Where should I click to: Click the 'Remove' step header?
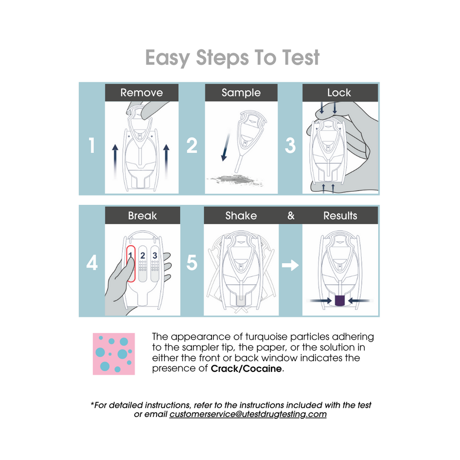click(x=142, y=93)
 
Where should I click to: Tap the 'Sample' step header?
click(x=241, y=93)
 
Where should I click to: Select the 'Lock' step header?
click(x=340, y=93)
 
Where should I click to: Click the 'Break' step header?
click(x=142, y=216)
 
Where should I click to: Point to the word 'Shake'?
click(x=241, y=216)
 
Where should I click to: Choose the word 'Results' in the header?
click(x=341, y=216)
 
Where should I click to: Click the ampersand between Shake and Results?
click(x=291, y=216)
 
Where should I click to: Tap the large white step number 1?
click(x=92, y=146)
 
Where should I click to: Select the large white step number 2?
click(x=192, y=146)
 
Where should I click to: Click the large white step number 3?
click(x=291, y=146)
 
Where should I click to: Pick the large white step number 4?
click(x=92, y=262)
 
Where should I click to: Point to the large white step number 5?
click(x=192, y=262)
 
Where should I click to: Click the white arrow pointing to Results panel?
click(x=290, y=265)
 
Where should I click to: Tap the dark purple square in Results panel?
click(x=340, y=301)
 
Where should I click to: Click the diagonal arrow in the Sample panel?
click(x=226, y=146)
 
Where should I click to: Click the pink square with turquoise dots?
click(x=114, y=354)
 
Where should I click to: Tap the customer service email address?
click(x=248, y=414)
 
